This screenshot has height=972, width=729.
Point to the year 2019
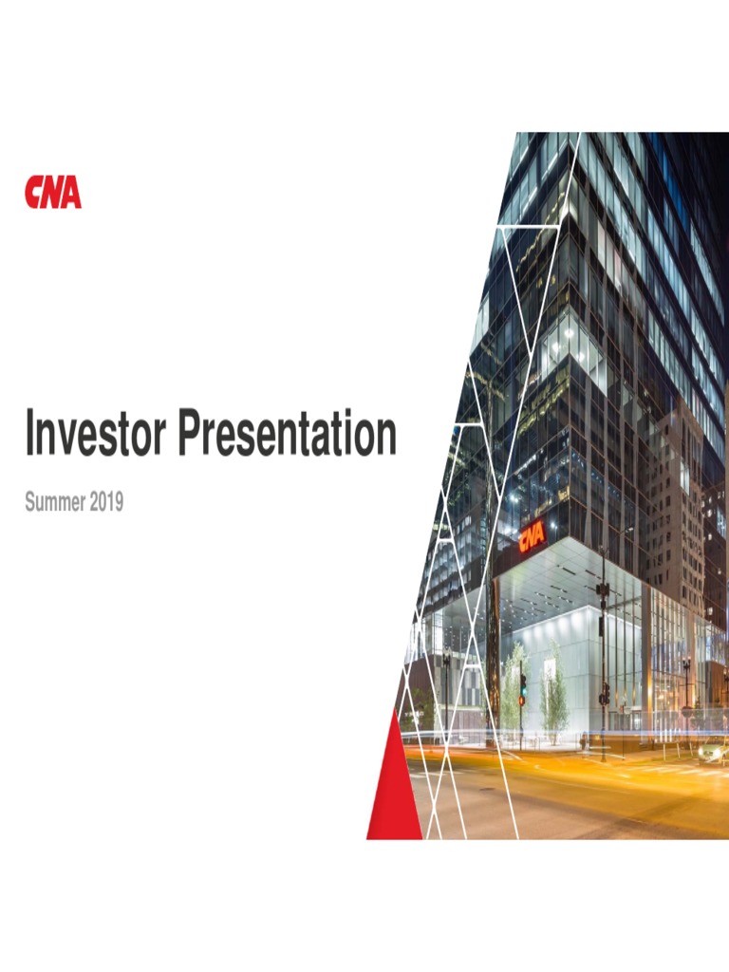tap(106, 503)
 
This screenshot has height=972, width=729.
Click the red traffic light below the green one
tap(521, 700)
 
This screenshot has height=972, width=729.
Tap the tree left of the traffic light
tap(514, 683)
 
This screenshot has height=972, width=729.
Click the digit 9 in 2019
tap(119, 503)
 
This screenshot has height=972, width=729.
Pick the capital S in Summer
tap(29, 503)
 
